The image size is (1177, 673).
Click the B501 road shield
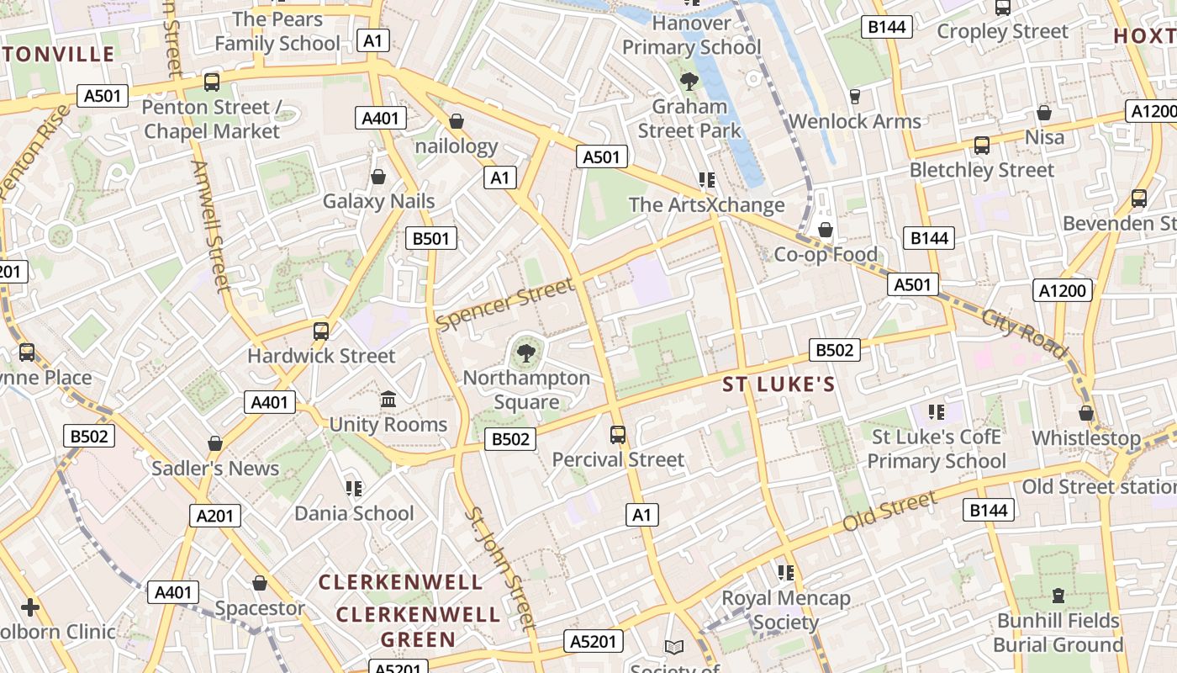(x=430, y=238)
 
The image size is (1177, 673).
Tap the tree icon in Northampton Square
(x=526, y=352)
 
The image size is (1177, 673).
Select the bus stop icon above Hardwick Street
(x=320, y=331)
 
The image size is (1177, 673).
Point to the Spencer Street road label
(x=506, y=304)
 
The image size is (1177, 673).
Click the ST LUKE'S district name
(x=779, y=385)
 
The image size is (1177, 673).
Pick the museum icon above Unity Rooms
(x=388, y=398)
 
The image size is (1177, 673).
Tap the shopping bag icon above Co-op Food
(x=826, y=230)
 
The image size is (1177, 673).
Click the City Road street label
(x=1024, y=334)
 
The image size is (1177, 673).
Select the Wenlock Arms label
(x=854, y=121)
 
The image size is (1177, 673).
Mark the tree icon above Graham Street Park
(x=689, y=81)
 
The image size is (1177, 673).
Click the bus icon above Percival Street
(x=618, y=434)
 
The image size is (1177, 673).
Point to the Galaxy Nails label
(x=379, y=201)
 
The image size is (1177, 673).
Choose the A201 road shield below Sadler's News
(x=215, y=515)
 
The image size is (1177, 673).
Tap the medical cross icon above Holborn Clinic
(x=30, y=607)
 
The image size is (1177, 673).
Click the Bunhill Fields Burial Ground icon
(x=1058, y=596)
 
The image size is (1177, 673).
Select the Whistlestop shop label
(x=1086, y=438)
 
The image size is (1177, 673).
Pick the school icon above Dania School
(x=354, y=488)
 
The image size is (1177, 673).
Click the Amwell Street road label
(x=211, y=226)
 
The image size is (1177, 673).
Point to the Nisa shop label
(x=1044, y=137)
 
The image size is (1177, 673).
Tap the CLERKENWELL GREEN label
(x=418, y=627)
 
